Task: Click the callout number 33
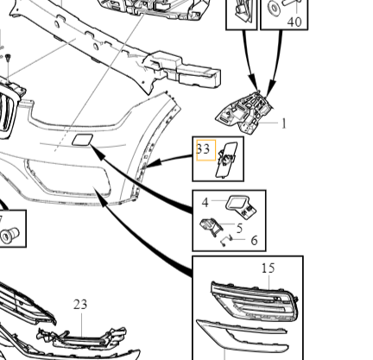click(x=203, y=149)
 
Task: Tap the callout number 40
click(x=294, y=22)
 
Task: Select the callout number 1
click(x=284, y=124)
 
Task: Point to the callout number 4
click(x=205, y=203)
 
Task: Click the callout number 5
click(x=239, y=228)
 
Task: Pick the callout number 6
click(x=254, y=241)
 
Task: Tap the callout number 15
click(x=269, y=268)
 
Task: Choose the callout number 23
click(x=80, y=305)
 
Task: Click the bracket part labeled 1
click(x=244, y=112)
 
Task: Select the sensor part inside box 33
click(x=227, y=160)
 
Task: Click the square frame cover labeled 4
click(x=241, y=206)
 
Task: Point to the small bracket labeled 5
click(x=212, y=226)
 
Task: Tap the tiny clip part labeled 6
click(x=226, y=241)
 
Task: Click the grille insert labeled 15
click(x=254, y=300)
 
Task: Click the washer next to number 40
click(x=274, y=8)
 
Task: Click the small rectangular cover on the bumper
click(x=83, y=140)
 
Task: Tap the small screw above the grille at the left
click(x=8, y=58)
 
